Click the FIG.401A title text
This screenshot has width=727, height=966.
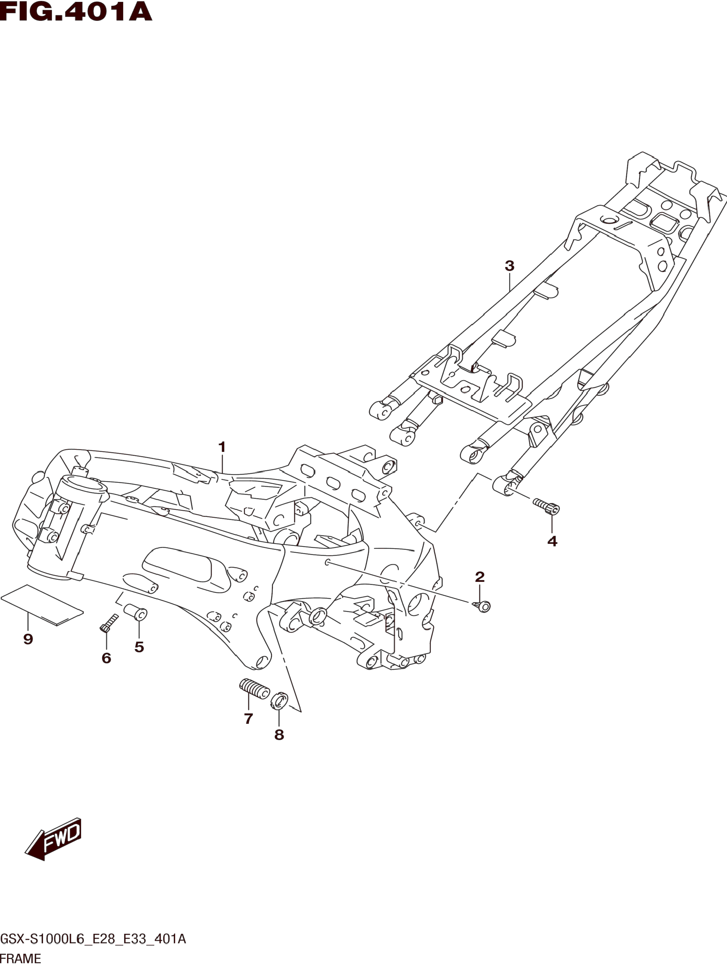[76, 12]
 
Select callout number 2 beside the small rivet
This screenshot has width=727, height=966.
[480, 577]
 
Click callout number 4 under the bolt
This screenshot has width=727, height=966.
[552, 541]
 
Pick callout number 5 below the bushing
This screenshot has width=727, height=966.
[139, 647]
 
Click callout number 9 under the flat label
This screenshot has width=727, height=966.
[28, 639]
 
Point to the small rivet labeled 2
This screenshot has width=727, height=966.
[482, 606]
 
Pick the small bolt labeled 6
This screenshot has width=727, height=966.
[109, 623]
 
